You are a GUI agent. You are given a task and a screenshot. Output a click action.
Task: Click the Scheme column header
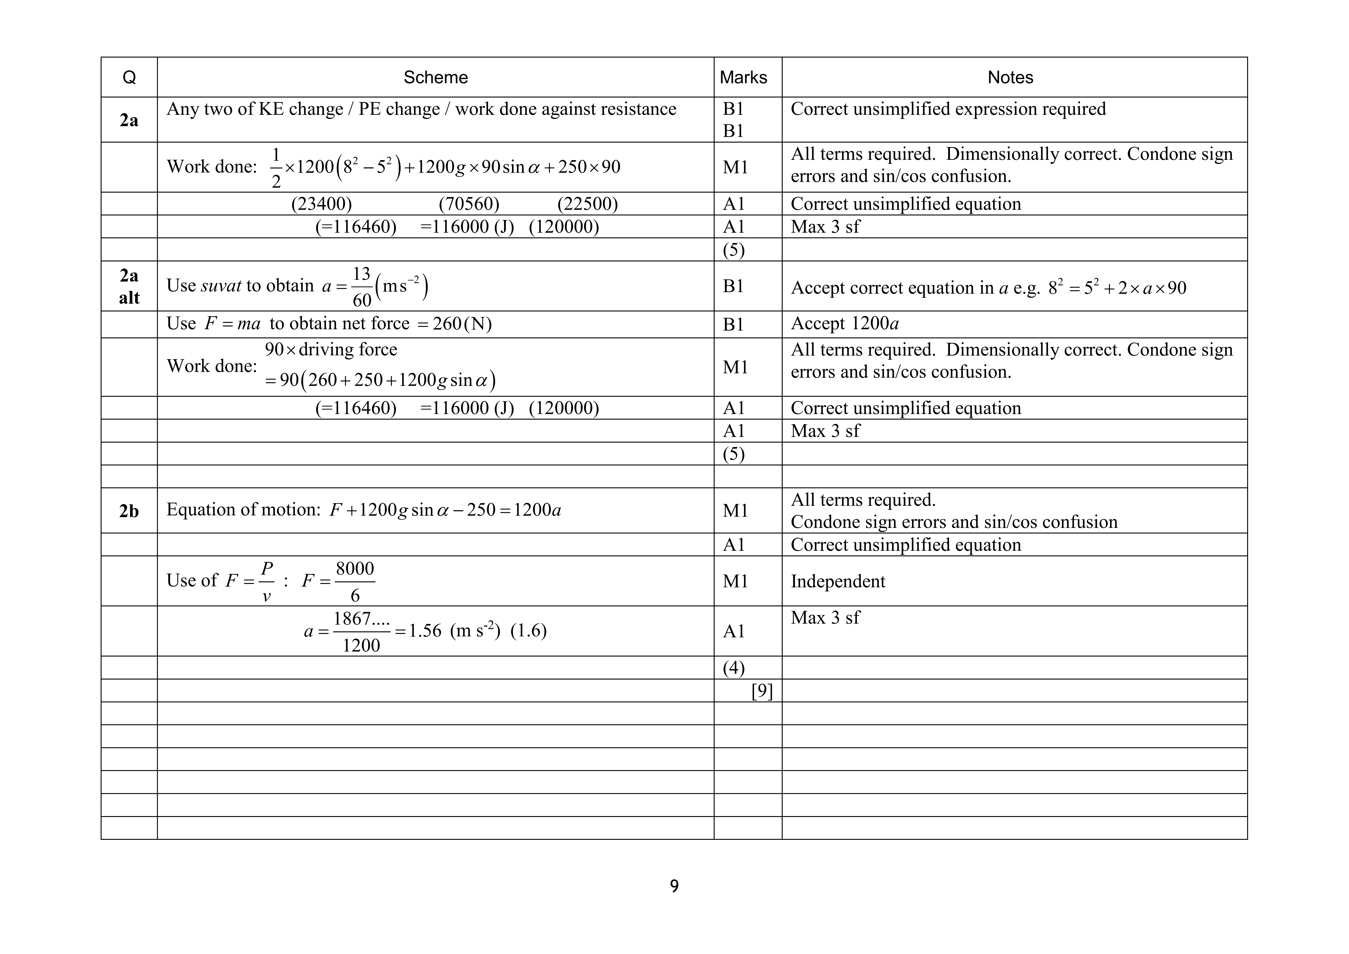435,78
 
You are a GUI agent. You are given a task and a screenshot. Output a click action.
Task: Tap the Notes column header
1010,78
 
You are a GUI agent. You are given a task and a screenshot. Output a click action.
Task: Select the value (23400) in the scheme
321,204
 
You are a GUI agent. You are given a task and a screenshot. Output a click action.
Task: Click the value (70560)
469,204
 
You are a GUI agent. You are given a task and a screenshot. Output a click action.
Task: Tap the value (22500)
588,204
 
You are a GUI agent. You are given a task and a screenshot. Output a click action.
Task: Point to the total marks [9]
762,691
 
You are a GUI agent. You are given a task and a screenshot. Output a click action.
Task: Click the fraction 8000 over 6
355,582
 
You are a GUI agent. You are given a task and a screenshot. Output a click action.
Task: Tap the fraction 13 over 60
361,287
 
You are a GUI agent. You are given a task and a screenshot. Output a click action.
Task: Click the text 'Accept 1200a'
845,324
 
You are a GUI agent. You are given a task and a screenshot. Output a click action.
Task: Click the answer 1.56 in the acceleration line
425,631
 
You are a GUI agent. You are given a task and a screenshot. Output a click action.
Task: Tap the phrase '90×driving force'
331,350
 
